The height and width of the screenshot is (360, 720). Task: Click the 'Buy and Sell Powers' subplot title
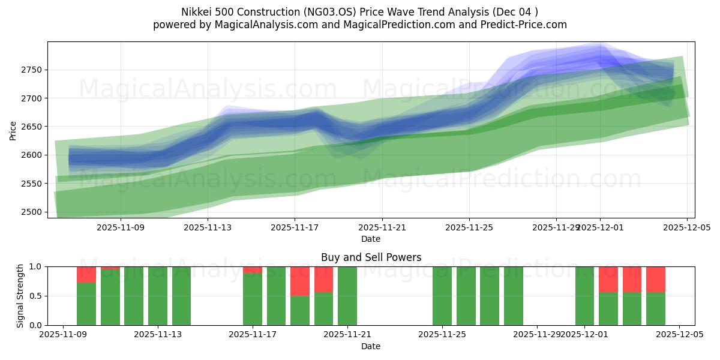(x=371, y=257)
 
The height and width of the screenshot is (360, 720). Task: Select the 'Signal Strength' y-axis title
(x=21, y=296)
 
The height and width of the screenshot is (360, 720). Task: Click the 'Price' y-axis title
(x=13, y=130)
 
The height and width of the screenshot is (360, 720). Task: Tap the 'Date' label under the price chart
(x=371, y=239)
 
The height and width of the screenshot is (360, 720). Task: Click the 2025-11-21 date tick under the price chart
(x=382, y=227)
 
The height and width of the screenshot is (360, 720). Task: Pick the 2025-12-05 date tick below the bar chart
(x=679, y=335)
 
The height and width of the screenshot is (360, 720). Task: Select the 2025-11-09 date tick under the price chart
(x=121, y=227)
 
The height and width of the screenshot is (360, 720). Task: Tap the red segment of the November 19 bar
(x=323, y=279)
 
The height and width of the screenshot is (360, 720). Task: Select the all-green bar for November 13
(x=158, y=296)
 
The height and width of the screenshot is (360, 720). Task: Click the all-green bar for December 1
(x=584, y=296)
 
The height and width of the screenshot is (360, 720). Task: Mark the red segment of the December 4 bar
(x=655, y=279)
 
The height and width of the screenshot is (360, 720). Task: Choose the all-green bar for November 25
(x=442, y=296)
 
